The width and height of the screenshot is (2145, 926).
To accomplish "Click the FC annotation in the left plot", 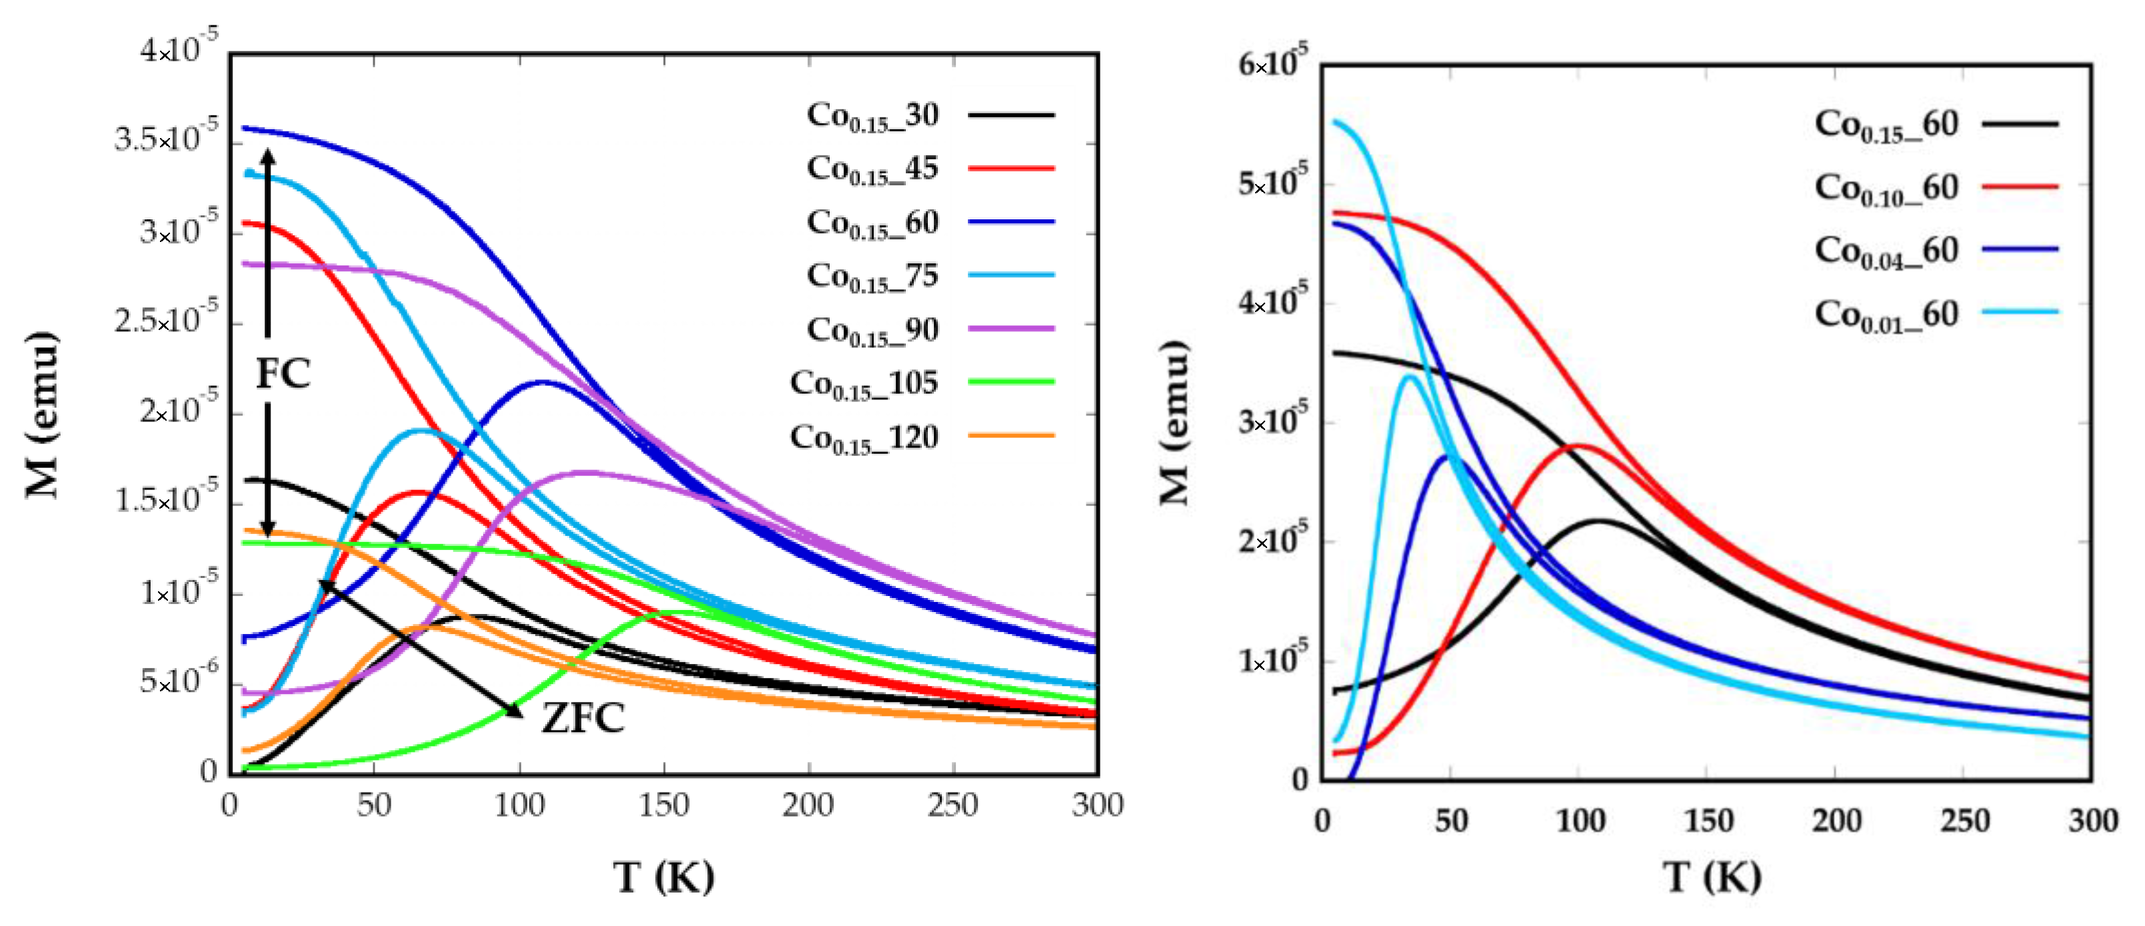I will point(283,373).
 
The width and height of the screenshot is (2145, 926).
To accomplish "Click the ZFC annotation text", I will point(583,718).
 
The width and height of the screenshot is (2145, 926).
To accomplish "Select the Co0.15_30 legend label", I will point(872,115).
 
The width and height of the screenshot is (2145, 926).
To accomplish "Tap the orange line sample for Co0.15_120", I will point(1011,435).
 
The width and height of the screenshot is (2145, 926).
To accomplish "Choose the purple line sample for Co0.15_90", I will point(1011,328).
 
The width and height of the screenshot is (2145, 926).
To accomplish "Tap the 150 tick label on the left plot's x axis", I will point(664,805).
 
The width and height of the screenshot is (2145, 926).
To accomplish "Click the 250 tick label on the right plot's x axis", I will point(1965,821).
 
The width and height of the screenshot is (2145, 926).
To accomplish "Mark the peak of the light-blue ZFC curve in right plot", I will point(1409,377).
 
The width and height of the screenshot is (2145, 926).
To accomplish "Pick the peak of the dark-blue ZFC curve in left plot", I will point(543,382).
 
